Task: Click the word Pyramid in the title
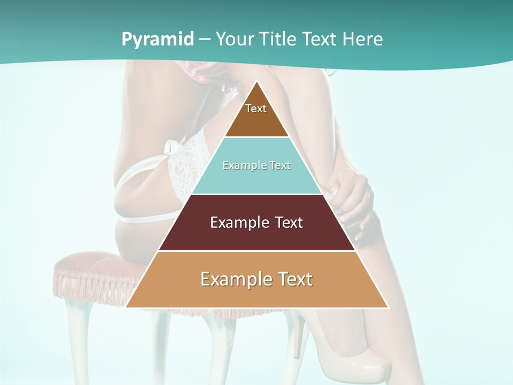click(157, 40)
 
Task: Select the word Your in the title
click(234, 40)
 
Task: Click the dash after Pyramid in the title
click(204, 40)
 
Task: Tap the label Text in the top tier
click(256, 109)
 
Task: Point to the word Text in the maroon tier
click(289, 222)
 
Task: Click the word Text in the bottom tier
click(295, 279)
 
